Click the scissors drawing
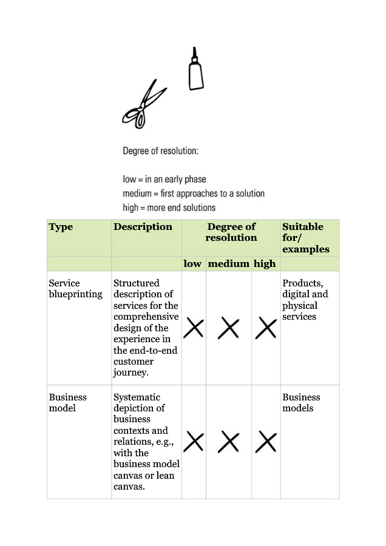pyautogui.click(x=143, y=104)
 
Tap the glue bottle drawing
pyautogui.click(x=195, y=70)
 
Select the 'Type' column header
pyautogui.click(x=61, y=227)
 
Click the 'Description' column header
pyautogui.click(x=143, y=227)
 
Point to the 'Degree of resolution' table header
pyautogui.click(x=231, y=232)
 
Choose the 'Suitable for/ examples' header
pyautogui.click(x=303, y=238)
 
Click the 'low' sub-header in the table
pyautogui.click(x=192, y=264)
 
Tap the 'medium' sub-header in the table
pyautogui.click(x=229, y=264)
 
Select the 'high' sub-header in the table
pyautogui.click(x=265, y=264)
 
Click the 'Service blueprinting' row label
pyautogui.click(x=75, y=289)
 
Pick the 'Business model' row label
pyautogui.click(x=67, y=403)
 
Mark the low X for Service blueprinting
pyautogui.click(x=194, y=328)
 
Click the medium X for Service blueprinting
pyautogui.click(x=229, y=328)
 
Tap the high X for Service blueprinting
pyautogui.click(x=266, y=328)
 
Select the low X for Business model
pyautogui.click(x=194, y=442)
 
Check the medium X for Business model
pyautogui.click(x=229, y=442)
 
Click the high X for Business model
pyautogui.click(x=266, y=442)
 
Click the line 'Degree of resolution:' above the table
pyautogui.click(x=160, y=151)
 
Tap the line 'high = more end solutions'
pyautogui.click(x=169, y=207)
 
